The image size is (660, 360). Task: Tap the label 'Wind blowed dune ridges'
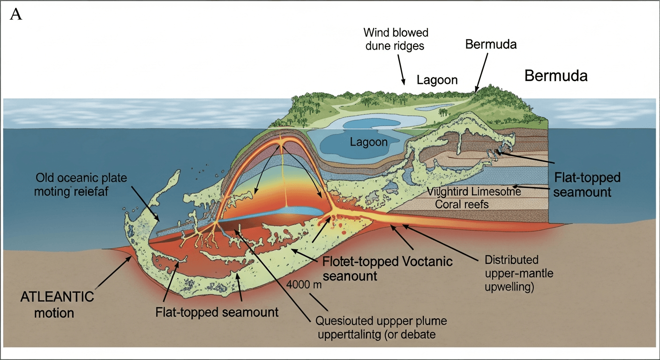click(x=396, y=40)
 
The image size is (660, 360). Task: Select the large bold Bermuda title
click(x=555, y=75)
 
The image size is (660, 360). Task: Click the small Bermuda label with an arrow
click(x=491, y=45)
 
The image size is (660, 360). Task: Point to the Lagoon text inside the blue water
click(x=369, y=142)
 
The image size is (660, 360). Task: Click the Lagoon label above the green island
click(x=437, y=80)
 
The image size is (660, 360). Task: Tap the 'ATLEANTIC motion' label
click(x=57, y=304)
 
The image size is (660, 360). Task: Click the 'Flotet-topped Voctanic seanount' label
click(x=385, y=269)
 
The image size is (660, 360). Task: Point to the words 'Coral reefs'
click(x=462, y=204)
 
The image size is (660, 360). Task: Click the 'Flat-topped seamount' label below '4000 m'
click(x=217, y=312)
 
